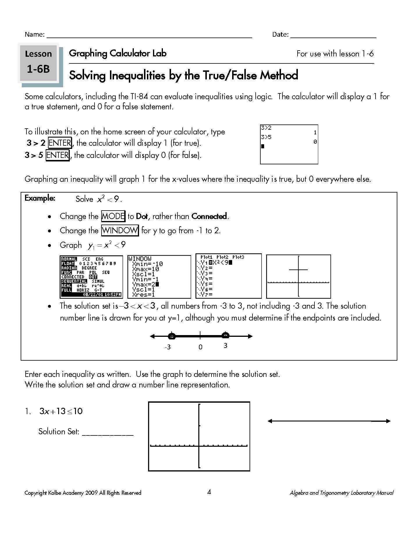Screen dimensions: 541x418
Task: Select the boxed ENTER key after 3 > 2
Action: (x=60, y=143)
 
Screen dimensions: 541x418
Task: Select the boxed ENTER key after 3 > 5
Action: (x=58, y=155)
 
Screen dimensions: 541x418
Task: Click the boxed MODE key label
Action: (x=113, y=216)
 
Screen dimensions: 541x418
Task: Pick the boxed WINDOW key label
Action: (x=120, y=230)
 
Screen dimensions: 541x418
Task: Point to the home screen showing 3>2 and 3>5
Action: (x=289, y=144)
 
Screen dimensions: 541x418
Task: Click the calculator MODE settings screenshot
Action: (x=91, y=277)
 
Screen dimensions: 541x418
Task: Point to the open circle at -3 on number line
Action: (x=172, y=337)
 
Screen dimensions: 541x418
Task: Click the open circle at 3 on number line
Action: (x=225, y=336)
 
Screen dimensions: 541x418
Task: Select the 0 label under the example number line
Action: (x=200, y=347)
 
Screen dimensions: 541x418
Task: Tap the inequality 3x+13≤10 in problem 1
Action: (x=61, y=411)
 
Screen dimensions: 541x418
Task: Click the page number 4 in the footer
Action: (x=209, y=492)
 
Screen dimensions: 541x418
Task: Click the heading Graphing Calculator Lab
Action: (x=118, y=53)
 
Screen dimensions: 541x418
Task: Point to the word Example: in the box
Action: (x=40, y=198)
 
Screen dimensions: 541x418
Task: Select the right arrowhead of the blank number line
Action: (x=388, y=421)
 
